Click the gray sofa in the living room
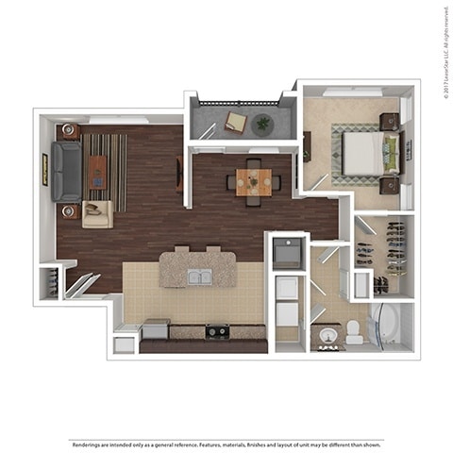tap(67, 171)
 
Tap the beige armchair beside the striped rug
tap(96, 213)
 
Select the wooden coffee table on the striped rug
tap(97, 171)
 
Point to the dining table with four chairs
tap(253, 180)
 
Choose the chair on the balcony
tap(235, 122)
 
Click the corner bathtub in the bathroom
tap(388, 326)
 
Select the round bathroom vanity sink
tap(327, 336)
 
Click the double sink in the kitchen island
tap(198, 277)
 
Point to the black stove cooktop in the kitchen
tap(218, 330)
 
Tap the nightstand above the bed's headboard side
tap(388, 121)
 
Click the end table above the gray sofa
tap(68, 131)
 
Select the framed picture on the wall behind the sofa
tap(43, 169)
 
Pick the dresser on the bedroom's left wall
tap(308, 145)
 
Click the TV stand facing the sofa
tap(179, 174)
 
